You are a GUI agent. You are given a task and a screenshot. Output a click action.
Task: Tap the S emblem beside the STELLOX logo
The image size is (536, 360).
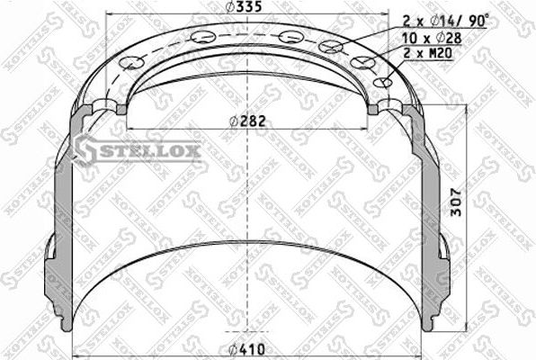87,150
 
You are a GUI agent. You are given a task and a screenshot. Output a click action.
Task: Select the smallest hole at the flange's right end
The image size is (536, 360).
388,83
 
